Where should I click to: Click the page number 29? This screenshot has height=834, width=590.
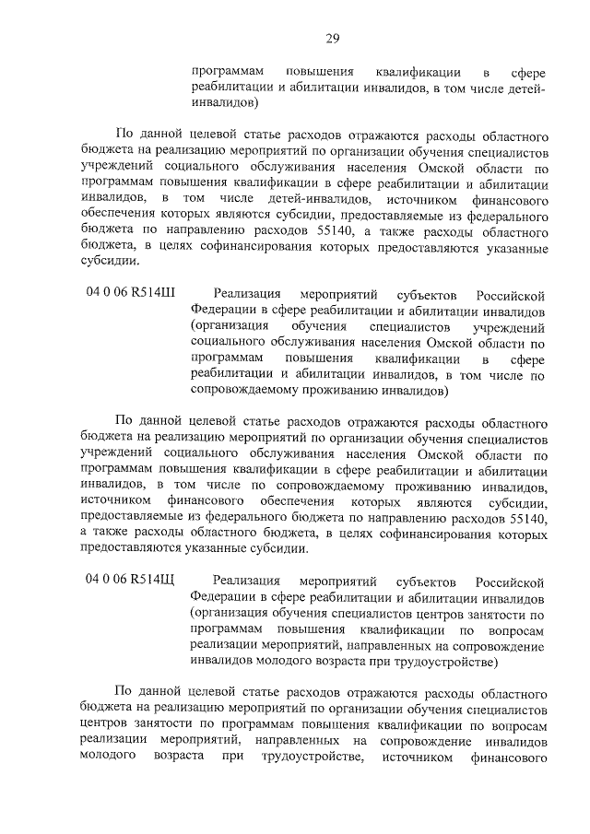(332, 38)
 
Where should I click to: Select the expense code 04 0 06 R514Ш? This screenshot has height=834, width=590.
(131, 294)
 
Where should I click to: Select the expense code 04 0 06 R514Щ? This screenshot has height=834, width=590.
(131, 580)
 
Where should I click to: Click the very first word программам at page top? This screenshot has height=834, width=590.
(229, 71)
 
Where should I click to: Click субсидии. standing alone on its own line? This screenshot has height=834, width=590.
(111, 260)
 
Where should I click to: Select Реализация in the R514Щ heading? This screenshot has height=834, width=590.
(246, 581)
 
